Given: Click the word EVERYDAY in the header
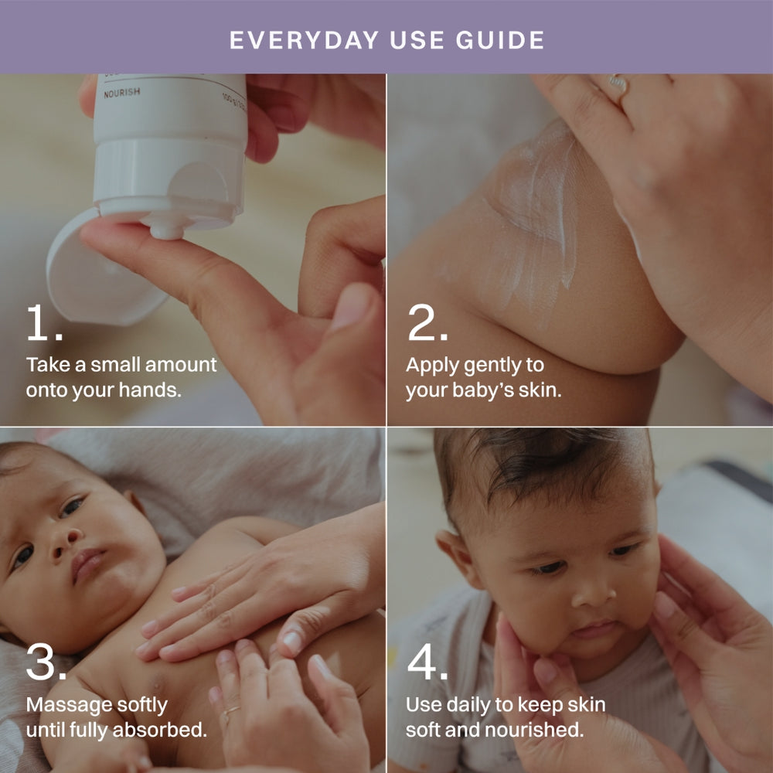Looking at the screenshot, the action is pyautogui.click(x=304, y=40).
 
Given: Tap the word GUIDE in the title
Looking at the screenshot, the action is pyautogui.click(x=500, y=40).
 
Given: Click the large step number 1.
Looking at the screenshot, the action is pyautogui.click(x=44, y=322).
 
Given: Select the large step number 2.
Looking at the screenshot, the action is pyautogui.click(x=427, y=322).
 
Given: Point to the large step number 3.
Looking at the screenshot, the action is pyautogui.click(x=46, y=662).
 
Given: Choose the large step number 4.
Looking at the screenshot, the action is pyautogui.click(x=427, y=662).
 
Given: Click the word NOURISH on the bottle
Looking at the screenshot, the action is pyautogui.click(x=122, y=92).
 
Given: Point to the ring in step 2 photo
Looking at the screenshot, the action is pyautogui.click(x=617, y=83).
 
